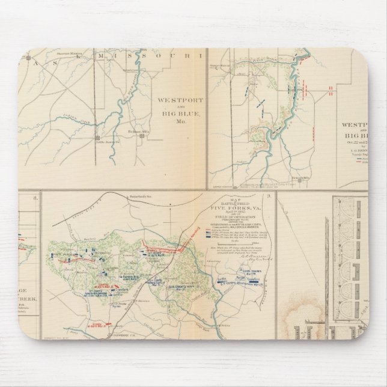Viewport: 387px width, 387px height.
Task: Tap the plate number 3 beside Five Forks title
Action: [x=271, y=195]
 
